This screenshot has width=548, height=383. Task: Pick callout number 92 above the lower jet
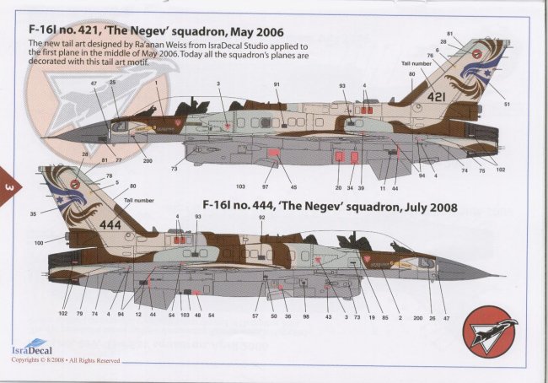[x=262, y=217]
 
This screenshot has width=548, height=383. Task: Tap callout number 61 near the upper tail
[x=450, y=33]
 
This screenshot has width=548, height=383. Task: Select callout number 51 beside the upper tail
[x=508, y=104]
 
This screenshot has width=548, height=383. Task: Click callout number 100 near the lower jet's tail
[x=39, y=243]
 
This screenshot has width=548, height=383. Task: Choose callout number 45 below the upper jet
[x=293, y=186]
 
